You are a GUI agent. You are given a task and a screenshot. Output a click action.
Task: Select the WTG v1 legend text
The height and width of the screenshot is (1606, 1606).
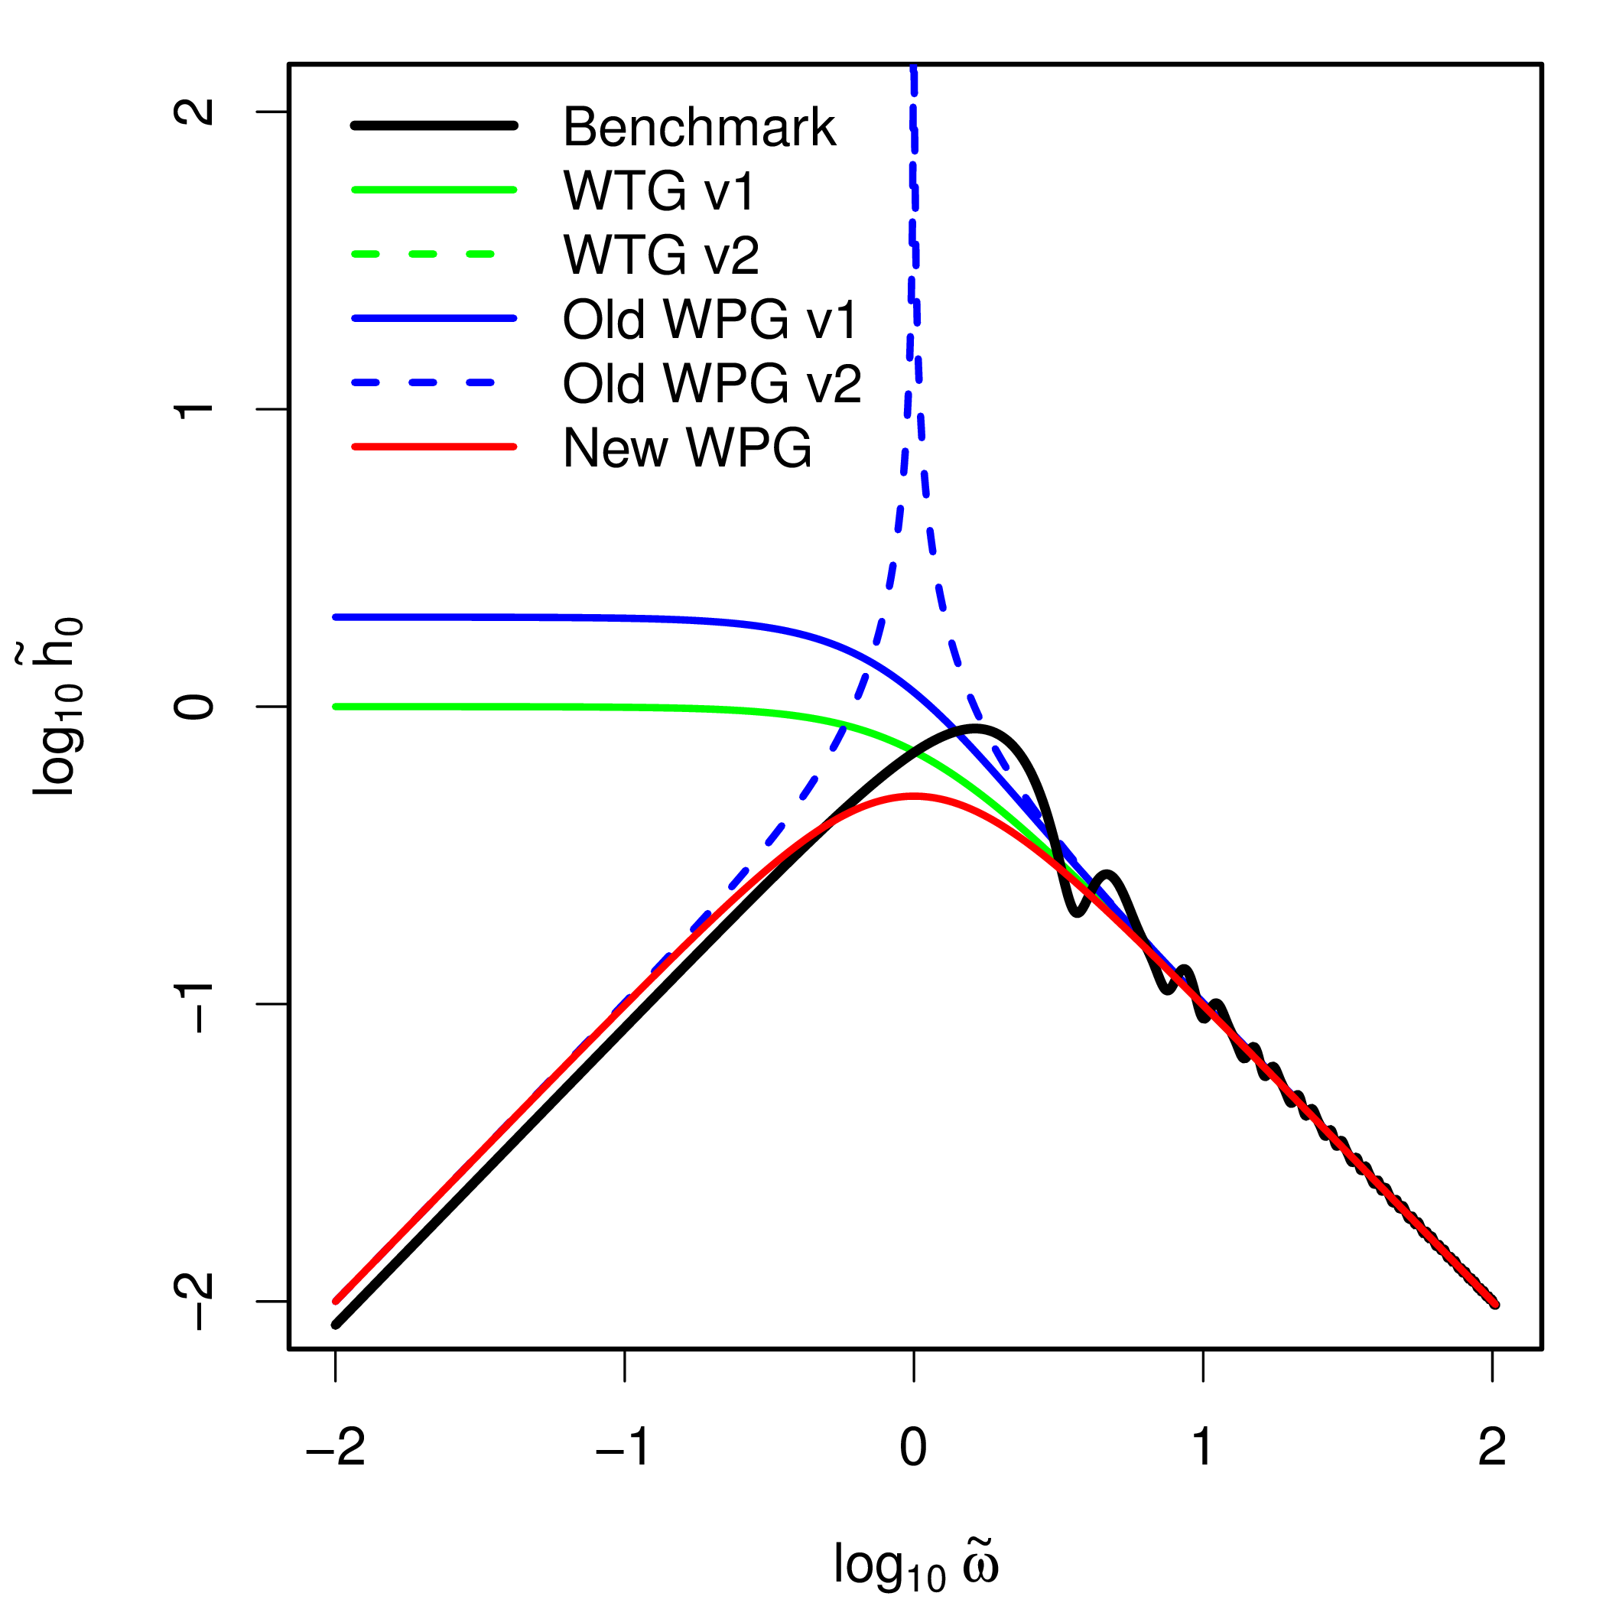click(x=658, y=191)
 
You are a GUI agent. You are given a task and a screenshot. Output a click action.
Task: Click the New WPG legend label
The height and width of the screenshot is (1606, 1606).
click(x=687, y=448)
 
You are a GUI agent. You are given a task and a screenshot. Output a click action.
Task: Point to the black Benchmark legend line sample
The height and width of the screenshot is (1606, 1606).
click(x=434, y=125)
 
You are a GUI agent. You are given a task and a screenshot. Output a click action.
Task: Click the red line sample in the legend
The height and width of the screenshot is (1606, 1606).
click(x=434, y=447)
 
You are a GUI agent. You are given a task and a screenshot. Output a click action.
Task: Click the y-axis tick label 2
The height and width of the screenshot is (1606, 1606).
click(x=194, y=112)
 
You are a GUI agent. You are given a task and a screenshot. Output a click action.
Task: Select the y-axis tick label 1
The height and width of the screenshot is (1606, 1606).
click(x=194, y=409)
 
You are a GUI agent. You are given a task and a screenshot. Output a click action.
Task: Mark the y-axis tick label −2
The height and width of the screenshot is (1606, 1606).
click(x=194, y=1301)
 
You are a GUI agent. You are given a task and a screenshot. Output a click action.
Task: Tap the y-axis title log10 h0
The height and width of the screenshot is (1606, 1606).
click(x=58, y=707)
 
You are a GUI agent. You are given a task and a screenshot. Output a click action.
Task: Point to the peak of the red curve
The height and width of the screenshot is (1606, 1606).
click(x=914, y=795)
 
